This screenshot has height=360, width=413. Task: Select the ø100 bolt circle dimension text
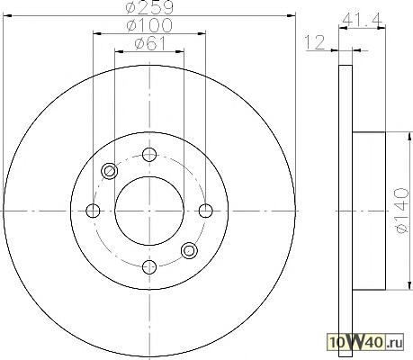(x=149, y=25)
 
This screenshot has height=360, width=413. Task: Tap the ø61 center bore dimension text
(x=150, y=44)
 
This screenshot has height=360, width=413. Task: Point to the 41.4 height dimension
(x=363, y=20)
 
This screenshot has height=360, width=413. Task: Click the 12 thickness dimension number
(x=315, y=42)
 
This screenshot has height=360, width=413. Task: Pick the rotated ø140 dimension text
(x=402, y=211)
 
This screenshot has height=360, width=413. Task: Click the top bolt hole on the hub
(x=149, y=155)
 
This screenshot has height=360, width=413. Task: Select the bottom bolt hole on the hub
(x=149, y=266)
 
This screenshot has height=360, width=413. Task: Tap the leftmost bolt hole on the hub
(x=93, y=211)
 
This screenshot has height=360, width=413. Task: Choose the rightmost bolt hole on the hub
(x=206, y=211)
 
